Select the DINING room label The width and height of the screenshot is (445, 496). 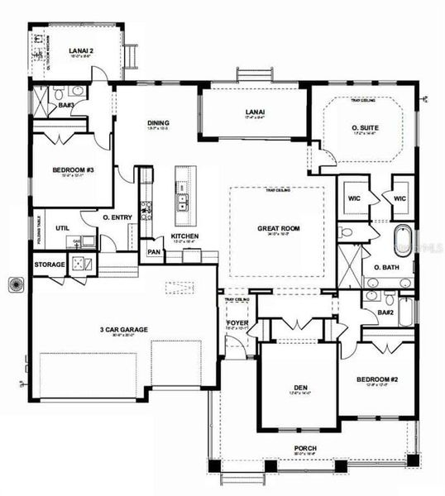tap(157, 121)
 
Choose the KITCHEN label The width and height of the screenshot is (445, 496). tap(184, 236)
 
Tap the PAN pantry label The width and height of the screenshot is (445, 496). tap(153, 252)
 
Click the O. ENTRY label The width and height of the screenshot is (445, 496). tap(117, 217)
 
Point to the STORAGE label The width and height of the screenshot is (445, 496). tap(48, 265)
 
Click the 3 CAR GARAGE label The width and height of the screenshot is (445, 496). tap(124, 329)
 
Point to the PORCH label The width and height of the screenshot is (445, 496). tap(304, 449)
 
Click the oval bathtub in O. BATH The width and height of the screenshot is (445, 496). tap(403, 240)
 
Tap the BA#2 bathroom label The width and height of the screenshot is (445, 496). tap(385, 312)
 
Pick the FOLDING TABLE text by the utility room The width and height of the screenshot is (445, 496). tap(37, 227)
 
